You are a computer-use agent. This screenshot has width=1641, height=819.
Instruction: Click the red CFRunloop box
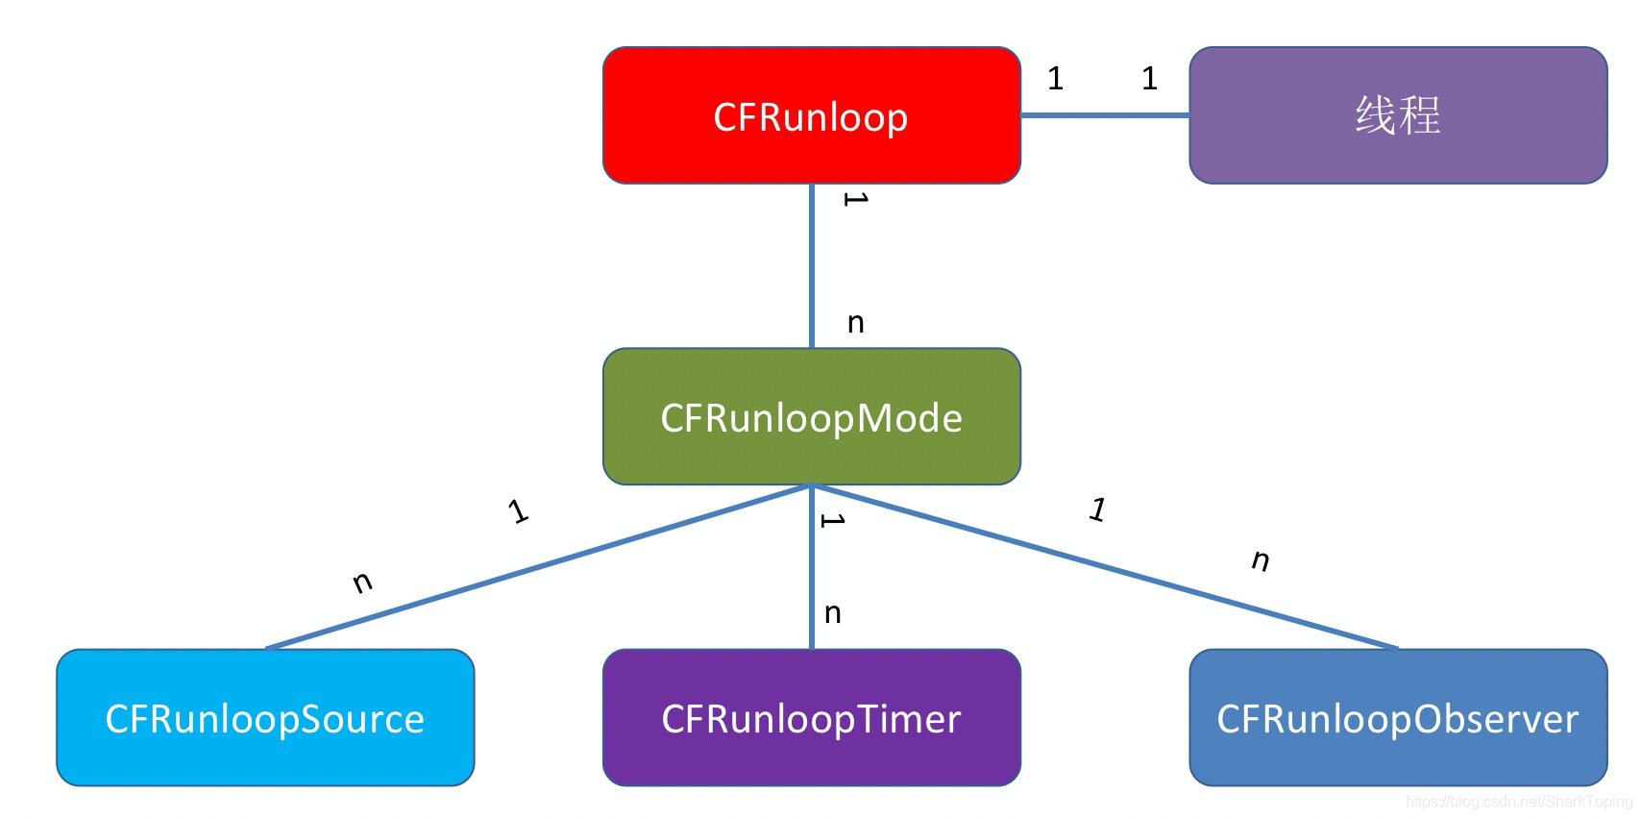811,115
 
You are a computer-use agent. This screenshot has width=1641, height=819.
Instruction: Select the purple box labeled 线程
1397,115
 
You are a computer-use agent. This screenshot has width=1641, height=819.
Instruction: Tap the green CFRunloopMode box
811,416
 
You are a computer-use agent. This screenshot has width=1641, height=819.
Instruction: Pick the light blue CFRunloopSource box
265,717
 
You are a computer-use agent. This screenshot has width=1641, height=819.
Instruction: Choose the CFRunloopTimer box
811,717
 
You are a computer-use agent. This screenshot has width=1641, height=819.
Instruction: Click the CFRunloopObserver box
1397,717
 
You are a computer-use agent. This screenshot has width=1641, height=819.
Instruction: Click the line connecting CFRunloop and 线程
1105,115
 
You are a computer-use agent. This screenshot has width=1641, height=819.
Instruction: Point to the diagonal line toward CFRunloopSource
538,567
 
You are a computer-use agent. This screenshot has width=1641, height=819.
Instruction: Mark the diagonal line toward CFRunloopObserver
1105,567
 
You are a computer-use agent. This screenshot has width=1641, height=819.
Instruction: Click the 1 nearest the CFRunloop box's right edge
1055,79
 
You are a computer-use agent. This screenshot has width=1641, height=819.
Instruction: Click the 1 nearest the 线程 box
1149,79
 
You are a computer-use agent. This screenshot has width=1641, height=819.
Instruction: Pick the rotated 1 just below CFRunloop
855,199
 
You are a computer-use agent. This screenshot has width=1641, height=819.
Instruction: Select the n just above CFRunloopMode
855,323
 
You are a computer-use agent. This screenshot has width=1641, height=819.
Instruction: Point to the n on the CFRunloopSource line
362,582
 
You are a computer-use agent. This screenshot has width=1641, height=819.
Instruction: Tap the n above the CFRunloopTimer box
833,613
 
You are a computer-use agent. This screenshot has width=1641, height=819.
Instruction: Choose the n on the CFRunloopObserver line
1261,559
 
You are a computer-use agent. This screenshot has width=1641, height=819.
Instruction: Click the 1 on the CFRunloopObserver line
1097,509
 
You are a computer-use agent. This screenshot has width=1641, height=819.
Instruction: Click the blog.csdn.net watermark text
1518,802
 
